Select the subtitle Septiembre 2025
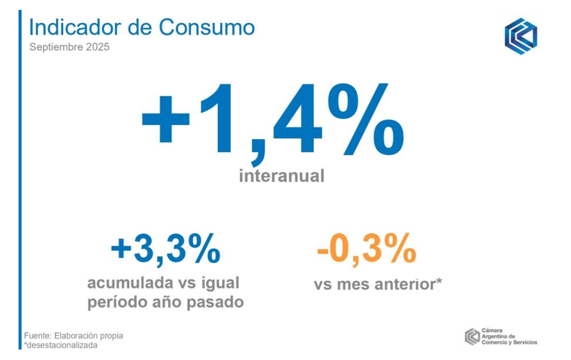pyautogui.click(x=69, y=47)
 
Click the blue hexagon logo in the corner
pyautogui.click(x=520, y=36)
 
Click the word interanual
pyautogui.click(x=282, y=176)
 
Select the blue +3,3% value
pyautogui.click(x=166, y=249)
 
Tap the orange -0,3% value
pyautogui.click(x=366, y=249)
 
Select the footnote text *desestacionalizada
pyautogui.click(x=61, y=345)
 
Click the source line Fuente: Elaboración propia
pyautogui.click(x=74, y=336)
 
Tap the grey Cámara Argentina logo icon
pyautogui.click(x=472, y=337)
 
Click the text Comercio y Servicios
pyautogui.click(x=509, y=342)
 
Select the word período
pyautogui.click(x=116, y=302)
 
